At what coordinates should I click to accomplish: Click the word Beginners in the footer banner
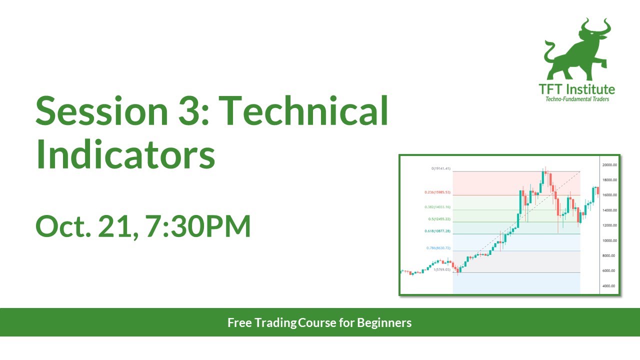point(384,322)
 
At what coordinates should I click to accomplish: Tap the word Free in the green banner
point(240,322)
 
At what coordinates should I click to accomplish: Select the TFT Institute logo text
point(576,89)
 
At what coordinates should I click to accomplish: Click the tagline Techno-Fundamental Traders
point(576,99)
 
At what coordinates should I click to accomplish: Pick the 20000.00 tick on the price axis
point(608,164)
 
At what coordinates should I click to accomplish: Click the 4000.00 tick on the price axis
point(608,286)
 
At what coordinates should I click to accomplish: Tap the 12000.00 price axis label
point(608,225)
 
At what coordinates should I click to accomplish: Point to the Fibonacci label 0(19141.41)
point(441,168)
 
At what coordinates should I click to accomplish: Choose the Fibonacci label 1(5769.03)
point(442,269)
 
